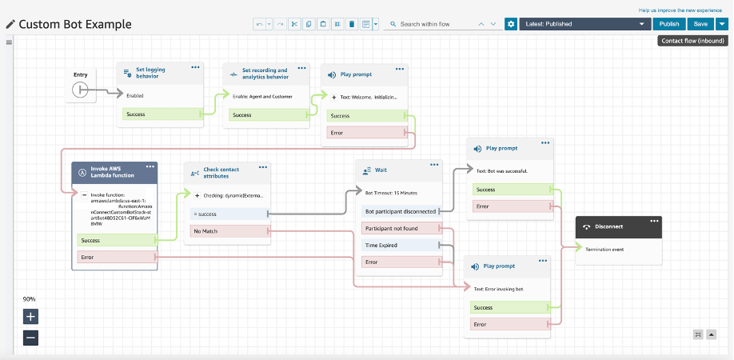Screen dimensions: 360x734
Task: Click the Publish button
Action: [669, 24]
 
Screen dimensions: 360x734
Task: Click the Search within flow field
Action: [436, 24]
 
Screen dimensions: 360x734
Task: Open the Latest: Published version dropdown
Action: [584, 24]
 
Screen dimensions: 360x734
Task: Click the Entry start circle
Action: [80, 90]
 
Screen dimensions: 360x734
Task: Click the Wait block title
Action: [381, 170]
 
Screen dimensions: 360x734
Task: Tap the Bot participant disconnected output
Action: [400, 211]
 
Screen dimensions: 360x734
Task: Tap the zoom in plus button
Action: [30, 315]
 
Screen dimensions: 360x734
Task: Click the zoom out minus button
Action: [30, 338]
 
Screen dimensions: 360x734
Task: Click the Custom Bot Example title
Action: [75, 24]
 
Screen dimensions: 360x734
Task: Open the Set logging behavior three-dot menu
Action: [195, 67]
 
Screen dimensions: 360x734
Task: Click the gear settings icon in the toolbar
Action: [511, 24]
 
